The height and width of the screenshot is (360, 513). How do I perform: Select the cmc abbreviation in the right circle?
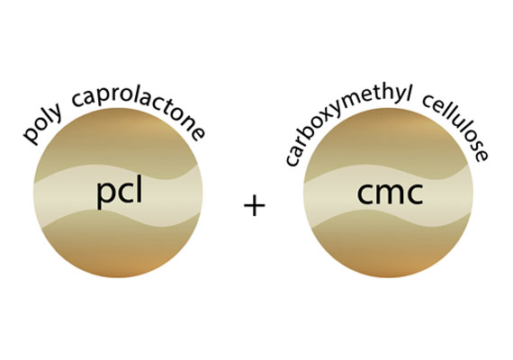coord(390,193)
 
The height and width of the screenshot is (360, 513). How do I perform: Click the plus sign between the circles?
coord(255,205)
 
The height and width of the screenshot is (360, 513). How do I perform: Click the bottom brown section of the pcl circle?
coord(118,248)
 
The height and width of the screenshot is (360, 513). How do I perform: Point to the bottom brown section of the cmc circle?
coord(388,248)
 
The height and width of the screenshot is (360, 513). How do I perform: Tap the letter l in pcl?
coord(140,192)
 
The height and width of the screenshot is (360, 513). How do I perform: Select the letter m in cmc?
coord(389,193)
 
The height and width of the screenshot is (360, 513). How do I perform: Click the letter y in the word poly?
coord(57,112)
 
